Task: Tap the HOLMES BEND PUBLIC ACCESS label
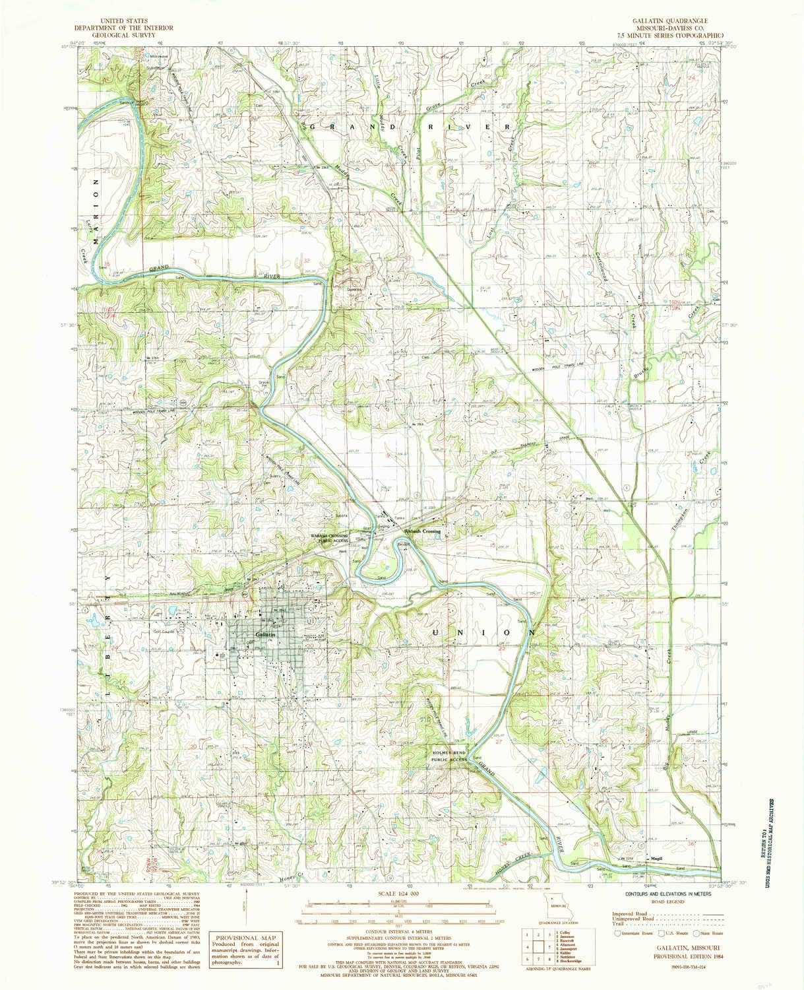pos(448,756)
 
